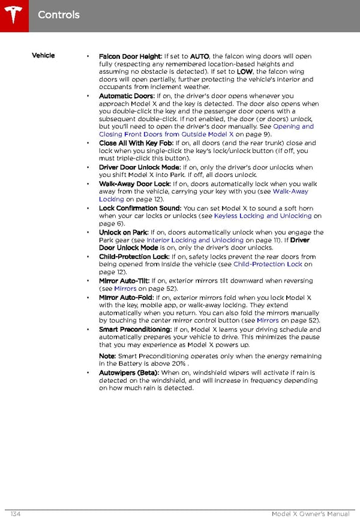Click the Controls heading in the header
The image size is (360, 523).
coord(58,14)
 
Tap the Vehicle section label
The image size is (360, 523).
coord(43,56)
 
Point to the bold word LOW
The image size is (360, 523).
coord(244,72)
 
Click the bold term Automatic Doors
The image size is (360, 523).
coord(127,96)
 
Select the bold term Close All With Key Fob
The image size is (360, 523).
coord(136,143)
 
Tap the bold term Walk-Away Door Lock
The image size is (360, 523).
coord(134,184)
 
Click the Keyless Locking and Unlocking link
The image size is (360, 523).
coord(263,216)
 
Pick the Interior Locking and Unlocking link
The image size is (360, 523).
coord(195,241)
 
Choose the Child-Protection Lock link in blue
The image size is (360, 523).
coord(268,264)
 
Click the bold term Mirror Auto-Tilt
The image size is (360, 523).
coord(124,281)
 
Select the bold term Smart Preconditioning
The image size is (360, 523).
coord(135,330)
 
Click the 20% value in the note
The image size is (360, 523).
coord(177,364)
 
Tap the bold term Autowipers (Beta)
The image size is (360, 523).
coord(128,373)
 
